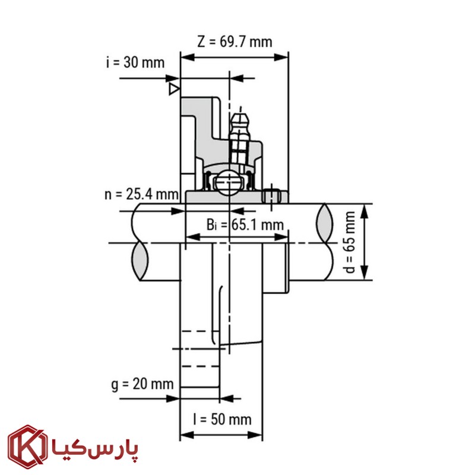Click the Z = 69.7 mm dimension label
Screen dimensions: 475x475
tap(235, 42)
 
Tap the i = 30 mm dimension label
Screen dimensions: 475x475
tap(135, 62)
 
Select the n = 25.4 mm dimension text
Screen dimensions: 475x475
tap(141, 194)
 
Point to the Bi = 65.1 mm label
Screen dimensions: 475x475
tap(245, 225)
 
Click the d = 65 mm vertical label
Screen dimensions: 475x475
tap(350, 242)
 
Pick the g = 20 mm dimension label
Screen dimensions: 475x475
tap(142, 384)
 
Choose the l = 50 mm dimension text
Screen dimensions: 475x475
tap(222, 420)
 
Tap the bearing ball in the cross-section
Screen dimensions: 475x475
tap(229, 183)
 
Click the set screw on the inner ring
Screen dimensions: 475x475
tap(271, 197)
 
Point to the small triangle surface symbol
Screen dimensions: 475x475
tap(174, 89)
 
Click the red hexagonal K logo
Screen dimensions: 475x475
tap(27, 447)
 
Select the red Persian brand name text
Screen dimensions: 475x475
tap(95, 449)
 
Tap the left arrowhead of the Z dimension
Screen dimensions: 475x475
tap(188, 57)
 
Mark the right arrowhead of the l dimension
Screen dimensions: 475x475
tap(255, 435)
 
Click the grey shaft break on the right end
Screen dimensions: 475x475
tap(324, 223)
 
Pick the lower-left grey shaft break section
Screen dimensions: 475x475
tap(140, 261)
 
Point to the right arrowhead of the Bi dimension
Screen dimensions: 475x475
tap(281, 237)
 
